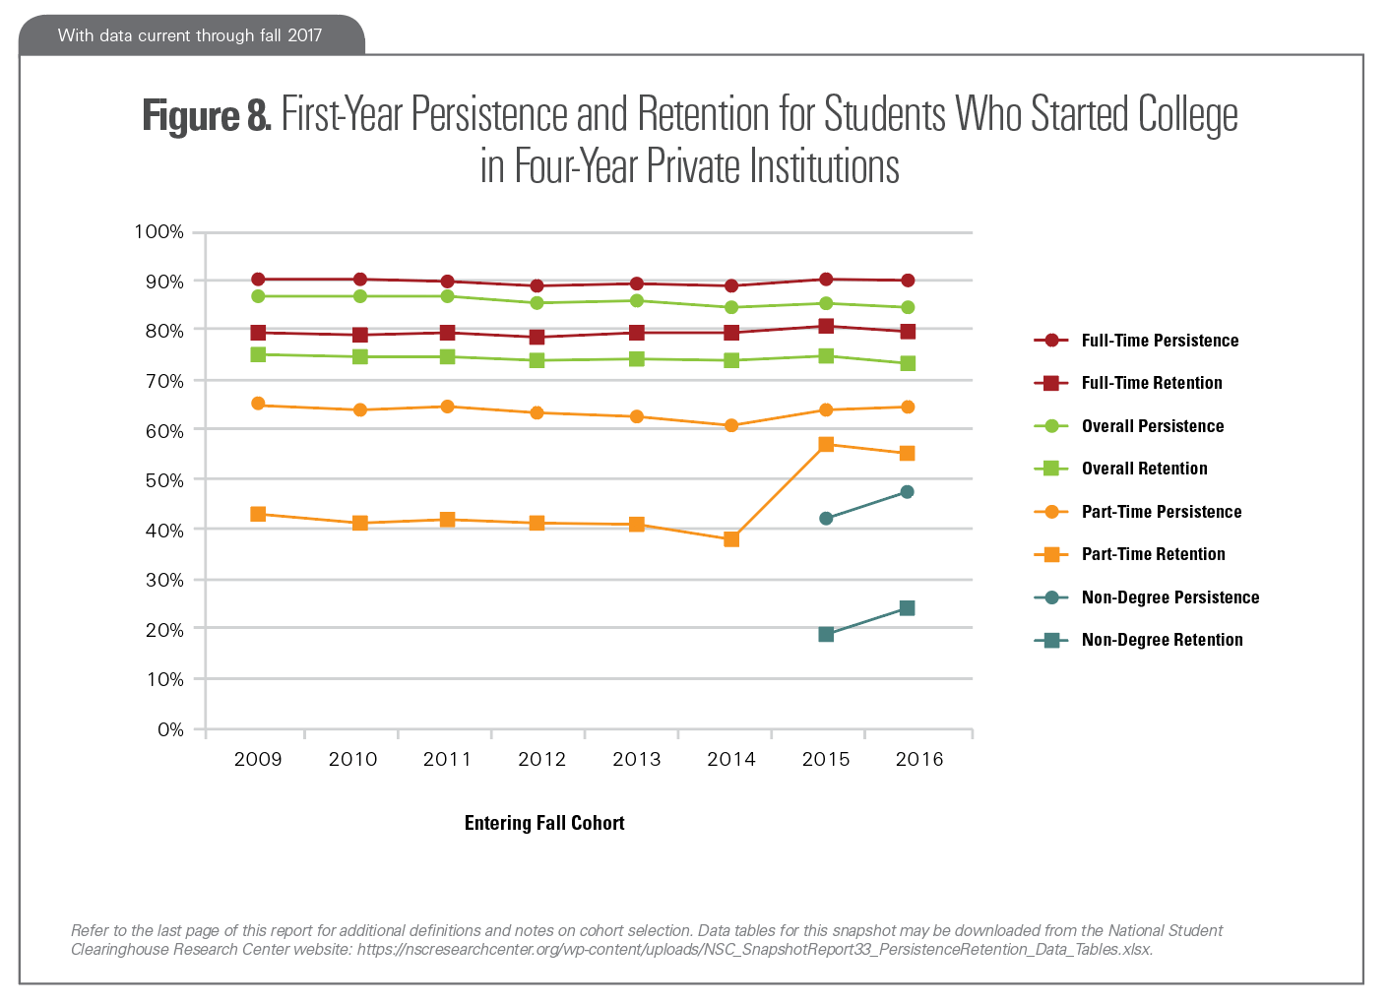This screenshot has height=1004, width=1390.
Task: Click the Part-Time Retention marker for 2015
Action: [826, 445]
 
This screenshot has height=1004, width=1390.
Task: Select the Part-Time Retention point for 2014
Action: [731, 539]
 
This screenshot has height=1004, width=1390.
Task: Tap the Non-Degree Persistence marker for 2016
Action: [907, 492]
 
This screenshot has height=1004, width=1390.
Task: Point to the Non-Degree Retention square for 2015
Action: [826, 635]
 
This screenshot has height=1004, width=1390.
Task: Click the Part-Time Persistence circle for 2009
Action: [258, 404]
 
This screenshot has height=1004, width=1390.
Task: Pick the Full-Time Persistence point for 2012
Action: [537, 286]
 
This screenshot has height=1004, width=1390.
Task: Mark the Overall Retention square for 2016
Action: [908, 364]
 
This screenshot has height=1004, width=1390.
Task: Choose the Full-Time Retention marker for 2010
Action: [360, 336]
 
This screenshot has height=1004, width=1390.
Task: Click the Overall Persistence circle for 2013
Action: [637, 301]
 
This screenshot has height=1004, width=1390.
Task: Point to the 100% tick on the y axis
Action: [158, 232]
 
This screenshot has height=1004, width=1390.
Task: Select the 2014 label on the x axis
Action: [731, 759]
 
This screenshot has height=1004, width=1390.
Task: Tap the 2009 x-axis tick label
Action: [258, 759]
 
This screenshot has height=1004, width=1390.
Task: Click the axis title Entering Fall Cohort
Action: [544, 823]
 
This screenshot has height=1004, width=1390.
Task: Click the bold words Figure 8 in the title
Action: [206, 115]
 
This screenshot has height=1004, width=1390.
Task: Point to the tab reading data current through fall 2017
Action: [190, 35]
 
